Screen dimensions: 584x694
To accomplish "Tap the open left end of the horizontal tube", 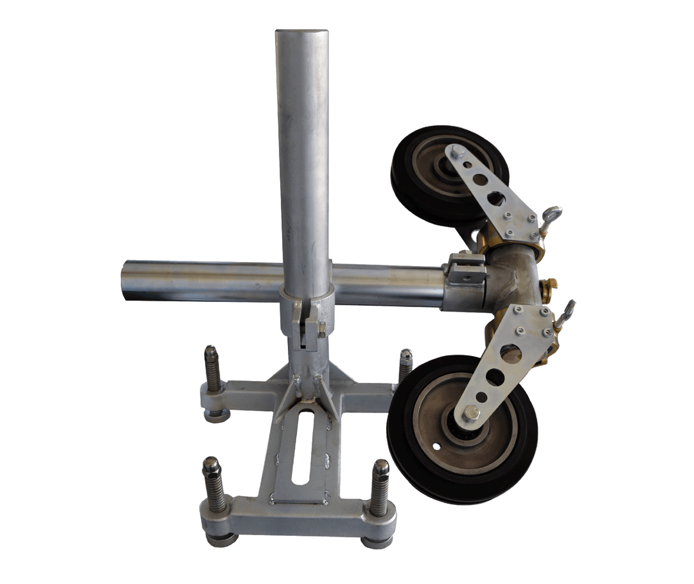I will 125,279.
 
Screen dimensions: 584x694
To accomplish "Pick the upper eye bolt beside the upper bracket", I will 552,213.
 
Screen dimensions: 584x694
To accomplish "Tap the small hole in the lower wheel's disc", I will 436,447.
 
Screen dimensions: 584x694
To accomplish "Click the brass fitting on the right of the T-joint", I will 550,283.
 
